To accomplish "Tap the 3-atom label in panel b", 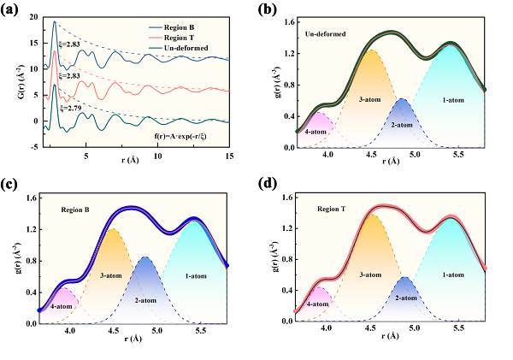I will [369, 99].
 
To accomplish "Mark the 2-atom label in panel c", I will [146, 299].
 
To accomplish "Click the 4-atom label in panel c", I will [60, 304].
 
